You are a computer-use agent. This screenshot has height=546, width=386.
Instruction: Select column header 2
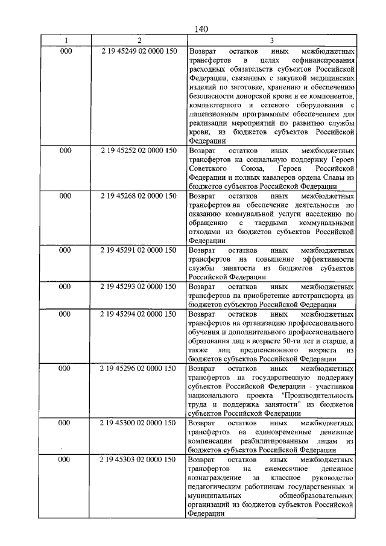pos(139,40)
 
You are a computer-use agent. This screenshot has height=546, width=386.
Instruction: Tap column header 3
pos(271,40)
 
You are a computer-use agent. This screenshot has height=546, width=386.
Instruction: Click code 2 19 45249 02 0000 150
pos(139,51)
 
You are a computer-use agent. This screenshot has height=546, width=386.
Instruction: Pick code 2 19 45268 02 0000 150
pos(139,197)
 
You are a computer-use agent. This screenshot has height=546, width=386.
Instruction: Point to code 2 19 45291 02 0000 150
pos(139,250)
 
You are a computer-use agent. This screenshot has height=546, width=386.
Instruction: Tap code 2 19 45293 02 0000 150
pos(139,287)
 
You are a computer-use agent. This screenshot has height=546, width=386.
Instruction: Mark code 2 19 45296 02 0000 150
pos(139,368)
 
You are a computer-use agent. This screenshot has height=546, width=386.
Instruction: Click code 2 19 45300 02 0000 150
pos(139,423)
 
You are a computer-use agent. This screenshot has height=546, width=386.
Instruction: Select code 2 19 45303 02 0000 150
pos(139,460)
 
